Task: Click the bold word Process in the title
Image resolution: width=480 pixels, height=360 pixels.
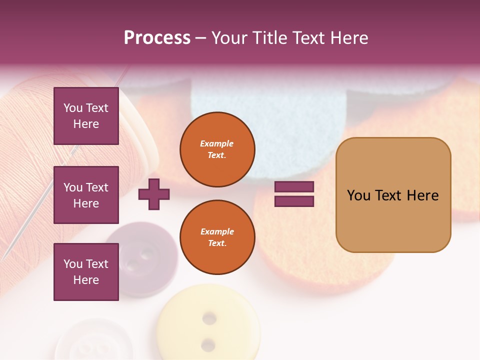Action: click(x=157, y=38)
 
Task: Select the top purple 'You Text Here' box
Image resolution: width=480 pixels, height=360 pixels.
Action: click(x=86, y=116)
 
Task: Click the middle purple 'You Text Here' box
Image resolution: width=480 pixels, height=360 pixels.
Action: click(x=86, y=195)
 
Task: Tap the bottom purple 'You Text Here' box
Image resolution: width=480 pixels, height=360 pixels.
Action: click(x=86, y=272)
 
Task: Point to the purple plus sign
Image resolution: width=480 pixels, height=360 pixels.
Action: click(x=154, y=194)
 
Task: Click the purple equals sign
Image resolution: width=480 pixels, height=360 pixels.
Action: click(x=294, y=194)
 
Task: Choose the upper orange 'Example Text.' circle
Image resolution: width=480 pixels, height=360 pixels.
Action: click(x=217, y=149)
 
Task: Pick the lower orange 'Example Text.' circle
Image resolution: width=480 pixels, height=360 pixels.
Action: click(x=217, y=237)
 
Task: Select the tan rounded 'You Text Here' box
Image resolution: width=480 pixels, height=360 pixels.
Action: click(x=393, y=195)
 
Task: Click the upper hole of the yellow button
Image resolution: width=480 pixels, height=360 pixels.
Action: click(x=209, y=318)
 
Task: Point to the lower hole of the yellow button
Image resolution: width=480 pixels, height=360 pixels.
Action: click(x=208, y=344)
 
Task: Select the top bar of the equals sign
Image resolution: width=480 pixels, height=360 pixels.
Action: click(x=294, y=186)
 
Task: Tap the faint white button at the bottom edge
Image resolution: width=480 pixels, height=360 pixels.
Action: click(x=85, y=342)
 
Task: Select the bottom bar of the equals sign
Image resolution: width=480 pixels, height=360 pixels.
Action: click(x=294, y=201)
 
